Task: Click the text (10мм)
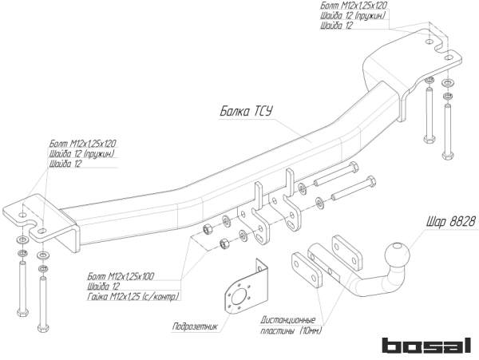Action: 308,330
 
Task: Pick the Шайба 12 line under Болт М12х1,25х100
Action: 104,287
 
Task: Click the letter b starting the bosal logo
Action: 389,345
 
